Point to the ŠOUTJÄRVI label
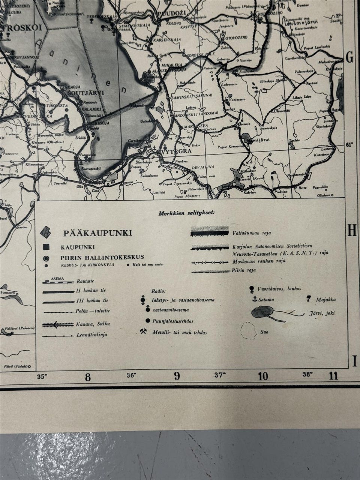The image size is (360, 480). pos(82,93)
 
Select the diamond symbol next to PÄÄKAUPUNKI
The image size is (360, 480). pos(46,233)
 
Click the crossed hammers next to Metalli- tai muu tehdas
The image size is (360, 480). pos(143,331)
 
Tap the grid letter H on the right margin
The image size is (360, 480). pos(351,231)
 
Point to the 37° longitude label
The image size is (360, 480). pos(220,374)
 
